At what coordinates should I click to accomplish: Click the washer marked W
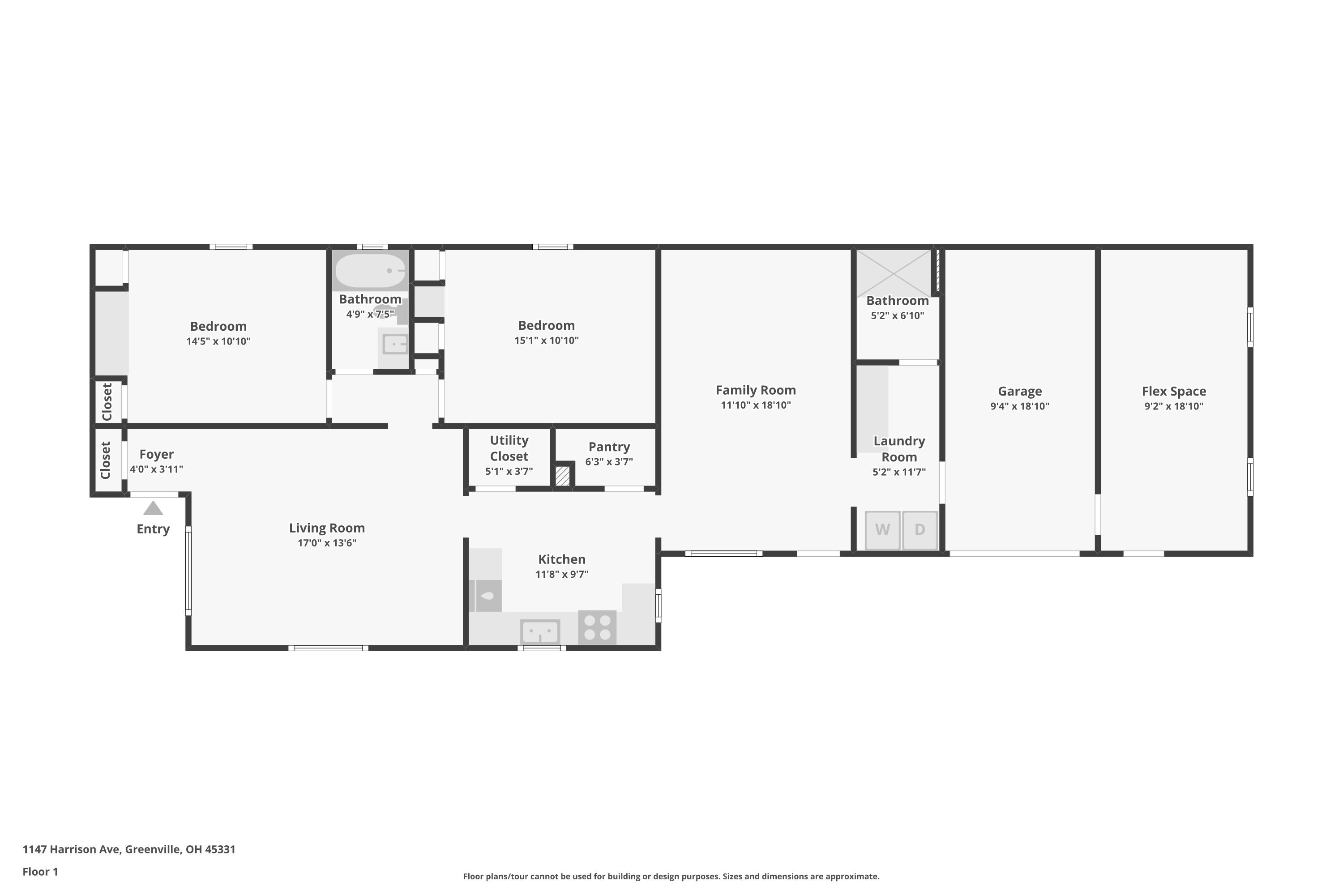point(882,530)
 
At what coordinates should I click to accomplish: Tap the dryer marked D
point(920,530)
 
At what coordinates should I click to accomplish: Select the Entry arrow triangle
point(153,508)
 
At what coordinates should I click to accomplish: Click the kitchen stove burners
point(597,627)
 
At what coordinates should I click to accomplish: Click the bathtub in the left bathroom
point(370,271)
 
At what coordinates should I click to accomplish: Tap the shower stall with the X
point(894,273)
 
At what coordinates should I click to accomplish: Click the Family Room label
point(756,390)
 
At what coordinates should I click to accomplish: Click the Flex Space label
point(1173,392)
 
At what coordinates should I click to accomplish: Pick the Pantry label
point(609,447)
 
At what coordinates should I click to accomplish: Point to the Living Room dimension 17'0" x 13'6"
point(327,543)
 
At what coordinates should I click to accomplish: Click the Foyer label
point(156,454)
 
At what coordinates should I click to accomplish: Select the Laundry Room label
point(899,449)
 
